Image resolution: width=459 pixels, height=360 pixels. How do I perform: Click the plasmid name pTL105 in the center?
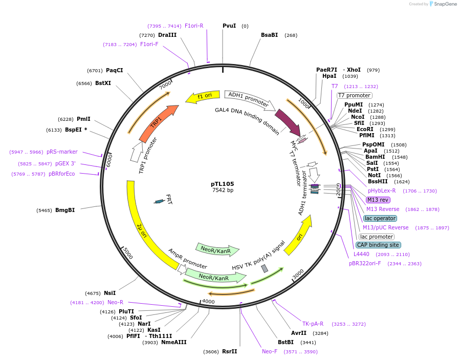(223, 184)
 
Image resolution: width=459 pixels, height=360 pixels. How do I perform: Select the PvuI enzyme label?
(229, 26)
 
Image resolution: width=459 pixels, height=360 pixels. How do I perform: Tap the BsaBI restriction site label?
(269, 35)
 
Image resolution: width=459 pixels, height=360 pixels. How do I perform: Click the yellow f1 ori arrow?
(202, 96)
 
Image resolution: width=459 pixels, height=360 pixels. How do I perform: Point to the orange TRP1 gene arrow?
(158, 123)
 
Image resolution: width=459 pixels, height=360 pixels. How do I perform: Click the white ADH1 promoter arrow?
(248, 99)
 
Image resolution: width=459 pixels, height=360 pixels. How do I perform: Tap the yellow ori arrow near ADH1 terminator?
(299, 235)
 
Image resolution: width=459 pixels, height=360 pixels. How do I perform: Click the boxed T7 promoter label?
(354, 95)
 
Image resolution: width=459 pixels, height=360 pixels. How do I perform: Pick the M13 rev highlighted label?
(378, 200)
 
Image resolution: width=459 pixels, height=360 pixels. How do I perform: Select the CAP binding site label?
(378, 245)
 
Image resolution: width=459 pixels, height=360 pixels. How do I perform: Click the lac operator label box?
(380, 218)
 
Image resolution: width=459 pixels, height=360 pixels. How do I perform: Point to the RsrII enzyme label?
(229, 351)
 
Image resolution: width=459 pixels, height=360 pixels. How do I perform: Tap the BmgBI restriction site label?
(64, 210)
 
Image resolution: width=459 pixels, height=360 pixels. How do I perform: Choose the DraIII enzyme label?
(167, 35)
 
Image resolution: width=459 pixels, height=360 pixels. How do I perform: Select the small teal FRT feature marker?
(160, 201)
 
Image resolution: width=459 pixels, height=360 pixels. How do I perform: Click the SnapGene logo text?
(445, 4)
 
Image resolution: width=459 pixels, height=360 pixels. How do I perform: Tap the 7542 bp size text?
(223, 190)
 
